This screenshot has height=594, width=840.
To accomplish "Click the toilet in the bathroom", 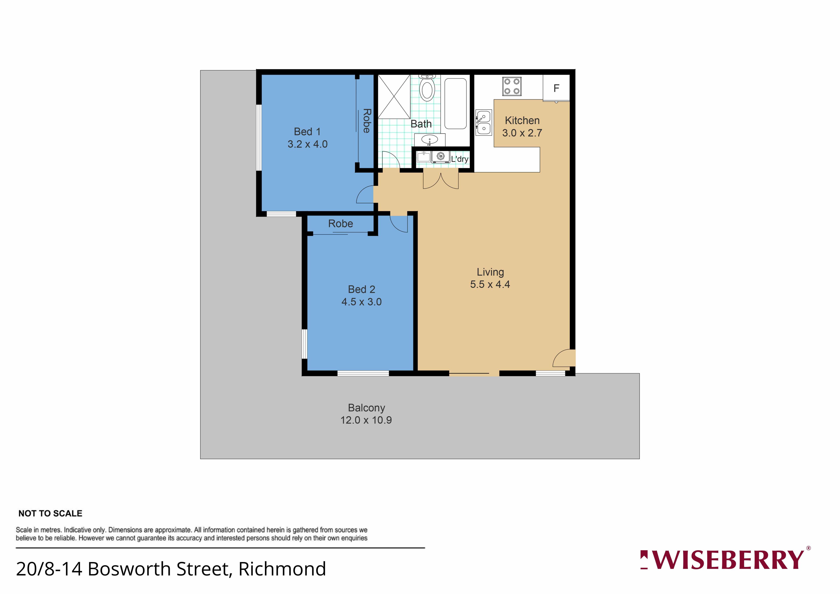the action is tap(427, 88).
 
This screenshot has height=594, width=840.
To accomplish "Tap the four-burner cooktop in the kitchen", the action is tap(512, 86).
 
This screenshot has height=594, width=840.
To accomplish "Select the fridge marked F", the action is tap(556, 88).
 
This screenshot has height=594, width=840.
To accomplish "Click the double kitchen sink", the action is tap(484, 123).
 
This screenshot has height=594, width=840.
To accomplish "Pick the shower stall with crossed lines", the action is tap(394, 97).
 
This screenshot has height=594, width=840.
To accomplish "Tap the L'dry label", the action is tap(460, 159).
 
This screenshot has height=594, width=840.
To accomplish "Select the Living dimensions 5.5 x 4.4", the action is tap(490, 284).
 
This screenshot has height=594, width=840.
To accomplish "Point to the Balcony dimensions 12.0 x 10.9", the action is tap(366, 420).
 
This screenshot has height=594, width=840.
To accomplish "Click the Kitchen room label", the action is tap(522, 120).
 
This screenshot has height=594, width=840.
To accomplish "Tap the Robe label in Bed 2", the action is tap(341, 224).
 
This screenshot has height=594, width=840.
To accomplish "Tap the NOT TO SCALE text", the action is tap(51, 513).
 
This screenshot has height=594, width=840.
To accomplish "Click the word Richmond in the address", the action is tap(282, 569).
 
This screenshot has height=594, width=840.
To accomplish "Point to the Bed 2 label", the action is tap(361, 290).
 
